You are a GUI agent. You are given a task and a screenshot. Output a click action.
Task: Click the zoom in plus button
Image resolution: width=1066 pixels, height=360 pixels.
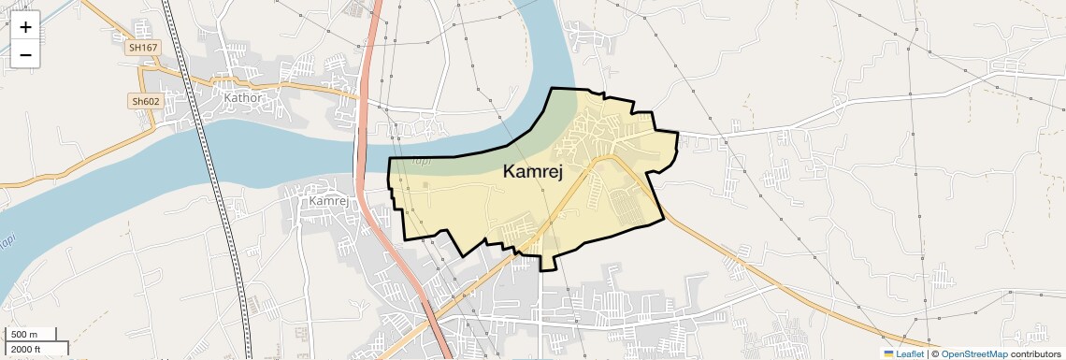coord(25,27)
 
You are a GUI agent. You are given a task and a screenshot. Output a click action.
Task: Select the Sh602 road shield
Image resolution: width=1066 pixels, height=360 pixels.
coord(145,101)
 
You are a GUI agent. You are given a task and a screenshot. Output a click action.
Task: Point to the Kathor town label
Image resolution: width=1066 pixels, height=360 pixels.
coord(240,96)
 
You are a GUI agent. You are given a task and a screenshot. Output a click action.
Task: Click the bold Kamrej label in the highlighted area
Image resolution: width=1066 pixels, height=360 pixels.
coord(539,171)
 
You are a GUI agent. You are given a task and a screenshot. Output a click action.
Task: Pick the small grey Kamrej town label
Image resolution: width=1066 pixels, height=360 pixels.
coord(327,201)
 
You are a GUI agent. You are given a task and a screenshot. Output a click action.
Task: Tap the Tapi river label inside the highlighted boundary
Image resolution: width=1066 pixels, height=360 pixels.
coord(423,162)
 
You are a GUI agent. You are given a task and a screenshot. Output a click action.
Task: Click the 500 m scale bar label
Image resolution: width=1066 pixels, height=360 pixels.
coord(24,335)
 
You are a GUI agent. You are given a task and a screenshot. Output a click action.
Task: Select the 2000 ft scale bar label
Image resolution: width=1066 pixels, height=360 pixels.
coord(25,349)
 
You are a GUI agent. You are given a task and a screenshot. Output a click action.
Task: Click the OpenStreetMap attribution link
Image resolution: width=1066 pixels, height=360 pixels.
coord(973,353)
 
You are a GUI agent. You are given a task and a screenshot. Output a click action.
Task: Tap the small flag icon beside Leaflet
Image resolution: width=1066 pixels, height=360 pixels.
coord(889,353)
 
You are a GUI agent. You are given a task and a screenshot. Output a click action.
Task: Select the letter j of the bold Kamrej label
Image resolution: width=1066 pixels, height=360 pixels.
coord(569,173)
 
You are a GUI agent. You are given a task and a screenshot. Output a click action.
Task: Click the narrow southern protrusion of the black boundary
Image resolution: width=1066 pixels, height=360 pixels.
coord(548,261)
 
